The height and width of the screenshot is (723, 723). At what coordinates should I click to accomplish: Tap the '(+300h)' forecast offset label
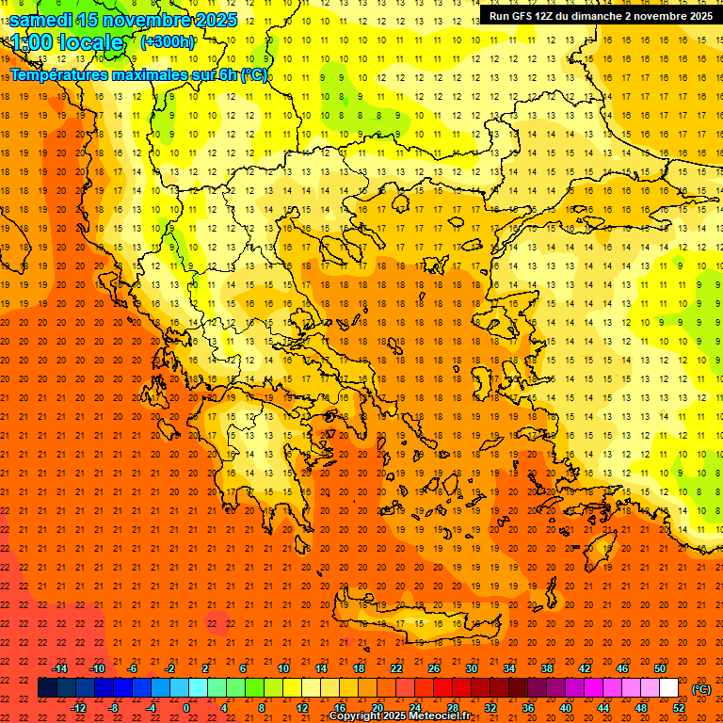click(x=169, y=42)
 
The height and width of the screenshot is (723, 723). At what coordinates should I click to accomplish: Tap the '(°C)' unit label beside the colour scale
click(x=701, y=689)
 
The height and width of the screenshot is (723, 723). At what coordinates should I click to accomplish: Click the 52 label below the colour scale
click(x=679, y=708)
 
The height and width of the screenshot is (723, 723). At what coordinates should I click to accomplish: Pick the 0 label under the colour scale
click(x=186, y=708)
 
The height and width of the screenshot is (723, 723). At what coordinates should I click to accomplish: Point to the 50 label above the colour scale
click(x=660, y=668)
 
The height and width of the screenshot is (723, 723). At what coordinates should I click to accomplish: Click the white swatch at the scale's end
click(x=669, y=688)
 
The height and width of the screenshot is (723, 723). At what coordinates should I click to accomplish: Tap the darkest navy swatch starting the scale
click(x=47, y=688)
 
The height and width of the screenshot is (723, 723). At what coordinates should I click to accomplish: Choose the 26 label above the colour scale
click(x=434, y=668)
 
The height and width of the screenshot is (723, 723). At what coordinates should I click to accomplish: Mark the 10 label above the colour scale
click(x=282, y=668)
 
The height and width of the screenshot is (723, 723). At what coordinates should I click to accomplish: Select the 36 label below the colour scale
click(x=528, y=708)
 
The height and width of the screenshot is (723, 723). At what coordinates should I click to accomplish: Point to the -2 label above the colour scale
click(x=169, y=668)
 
